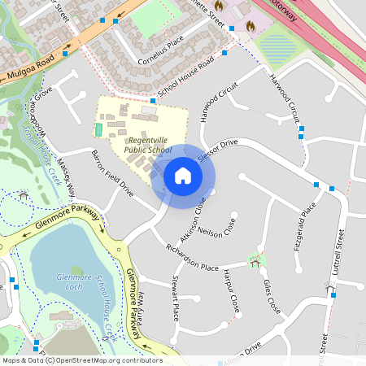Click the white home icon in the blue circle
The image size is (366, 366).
182,176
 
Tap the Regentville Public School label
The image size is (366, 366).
149,145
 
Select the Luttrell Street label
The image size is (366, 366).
340,251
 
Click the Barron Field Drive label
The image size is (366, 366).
112,173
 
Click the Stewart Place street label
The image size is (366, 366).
175,298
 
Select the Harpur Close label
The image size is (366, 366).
231,290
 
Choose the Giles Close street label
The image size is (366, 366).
272,297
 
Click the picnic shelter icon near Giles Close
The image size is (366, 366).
256,261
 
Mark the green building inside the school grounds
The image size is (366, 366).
99,129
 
